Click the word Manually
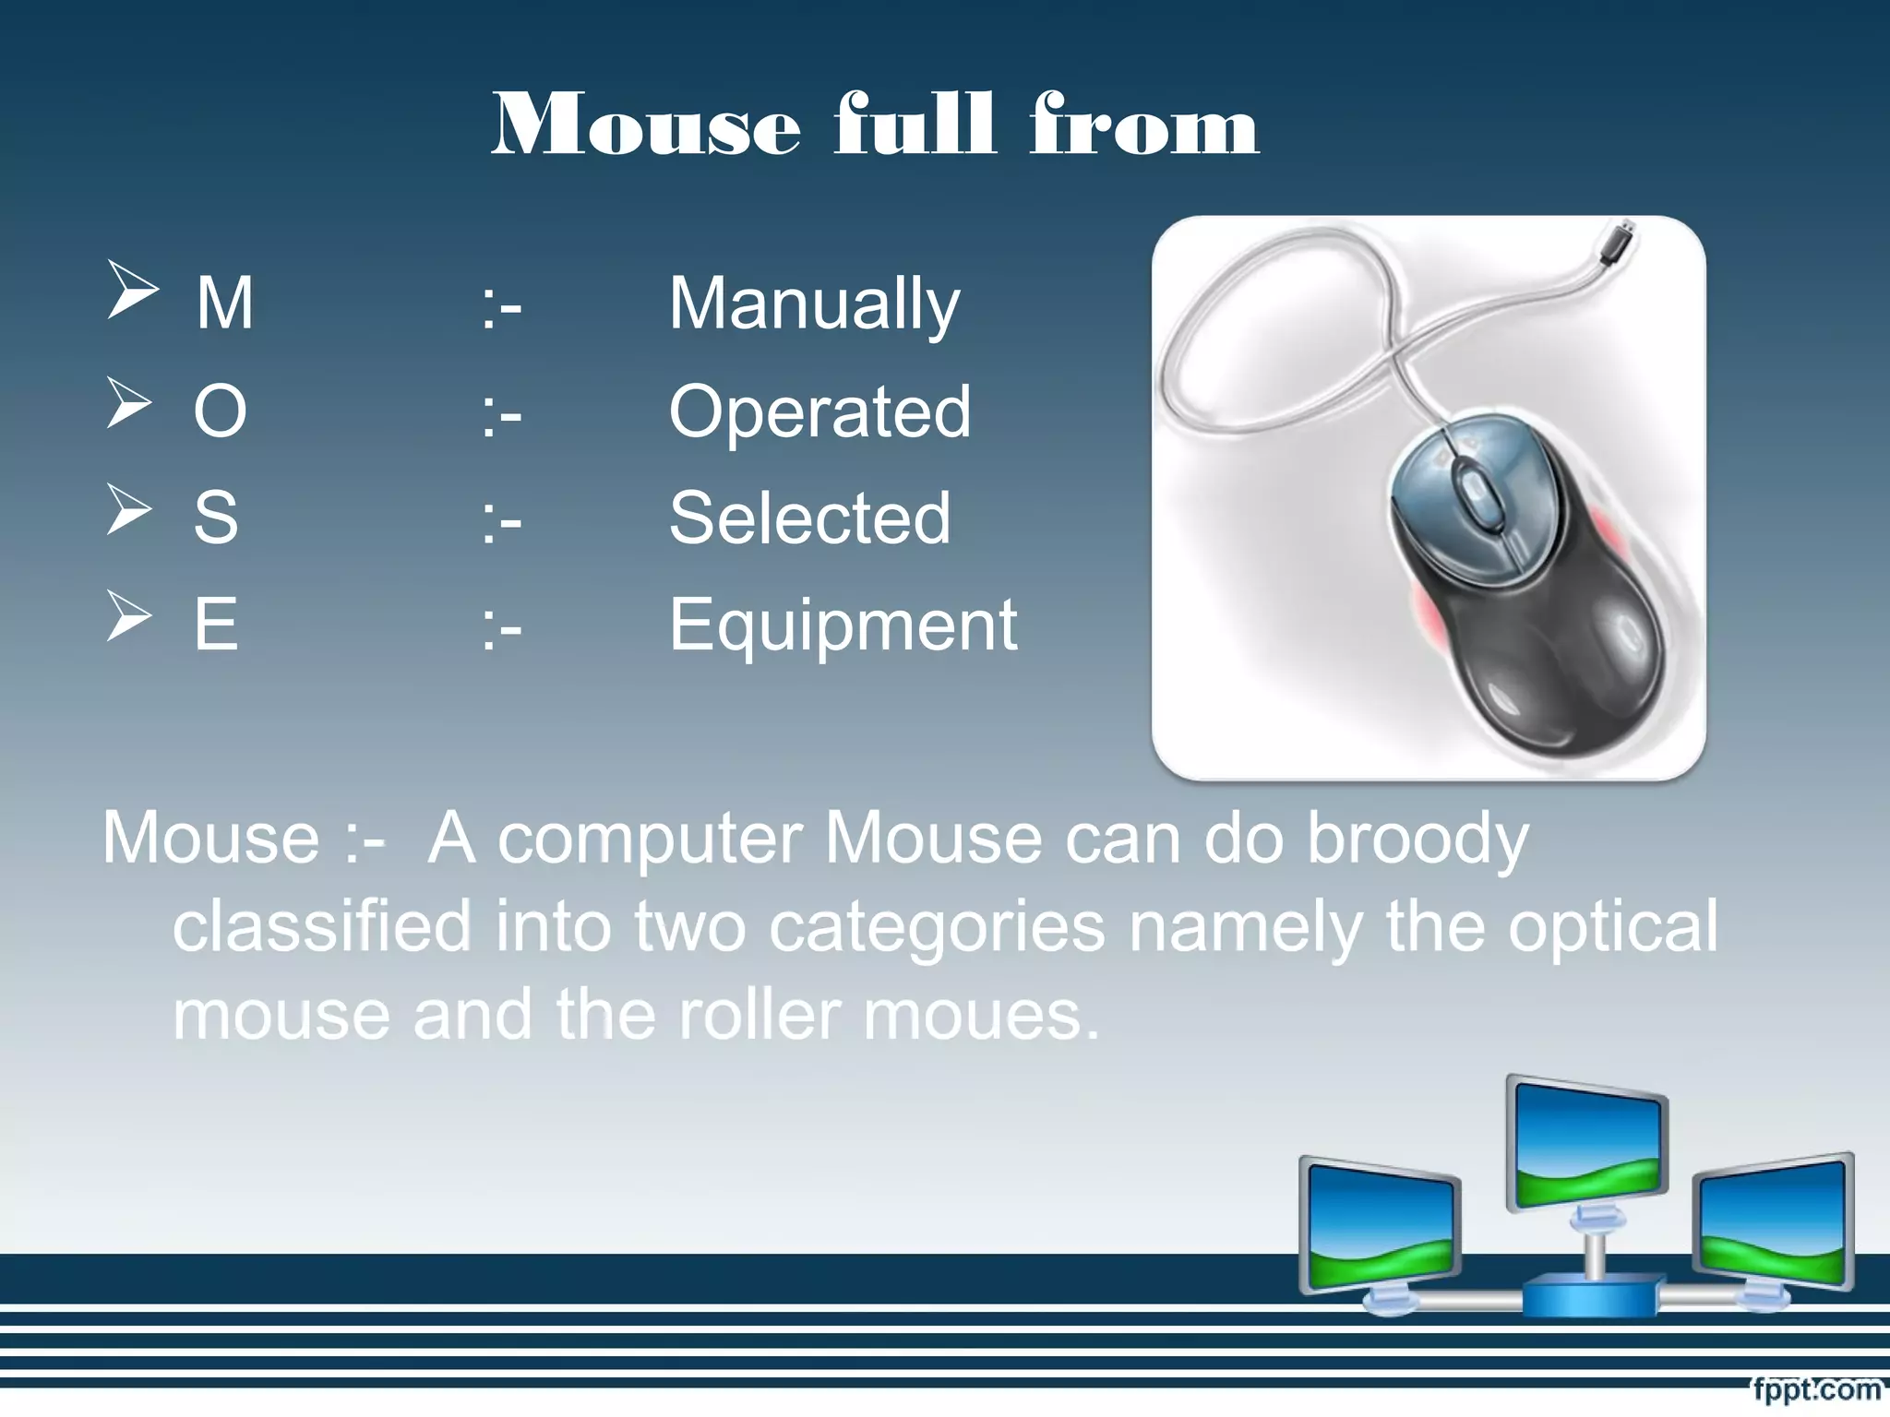click(x=814, y=304)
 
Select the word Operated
click(x=819, y=411)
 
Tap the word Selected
click(x=809, y=518)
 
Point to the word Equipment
click(x=843, y=625)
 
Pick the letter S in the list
click(x=216, y=518)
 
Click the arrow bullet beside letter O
click(x=129, y=403)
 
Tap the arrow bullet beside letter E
click(x=129, y=616)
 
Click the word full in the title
click(x=915, y=125)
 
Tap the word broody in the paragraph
click(x=1418, y=839)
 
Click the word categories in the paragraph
click(x=937, y=926)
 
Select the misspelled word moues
click(x=982, y=1014)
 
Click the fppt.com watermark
click(x=1816, y=1388)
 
